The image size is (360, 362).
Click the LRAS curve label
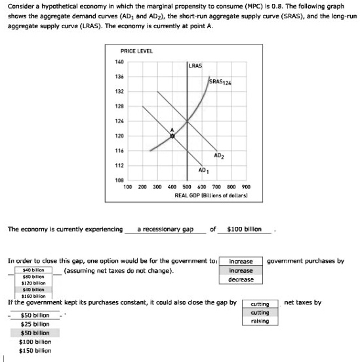point(195,66)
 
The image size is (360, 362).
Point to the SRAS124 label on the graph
point(219,82)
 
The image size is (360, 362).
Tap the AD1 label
point(203,170)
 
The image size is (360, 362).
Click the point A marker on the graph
point(172,137)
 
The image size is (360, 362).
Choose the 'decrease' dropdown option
point(241,279)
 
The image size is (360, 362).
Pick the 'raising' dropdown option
point(260,321)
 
